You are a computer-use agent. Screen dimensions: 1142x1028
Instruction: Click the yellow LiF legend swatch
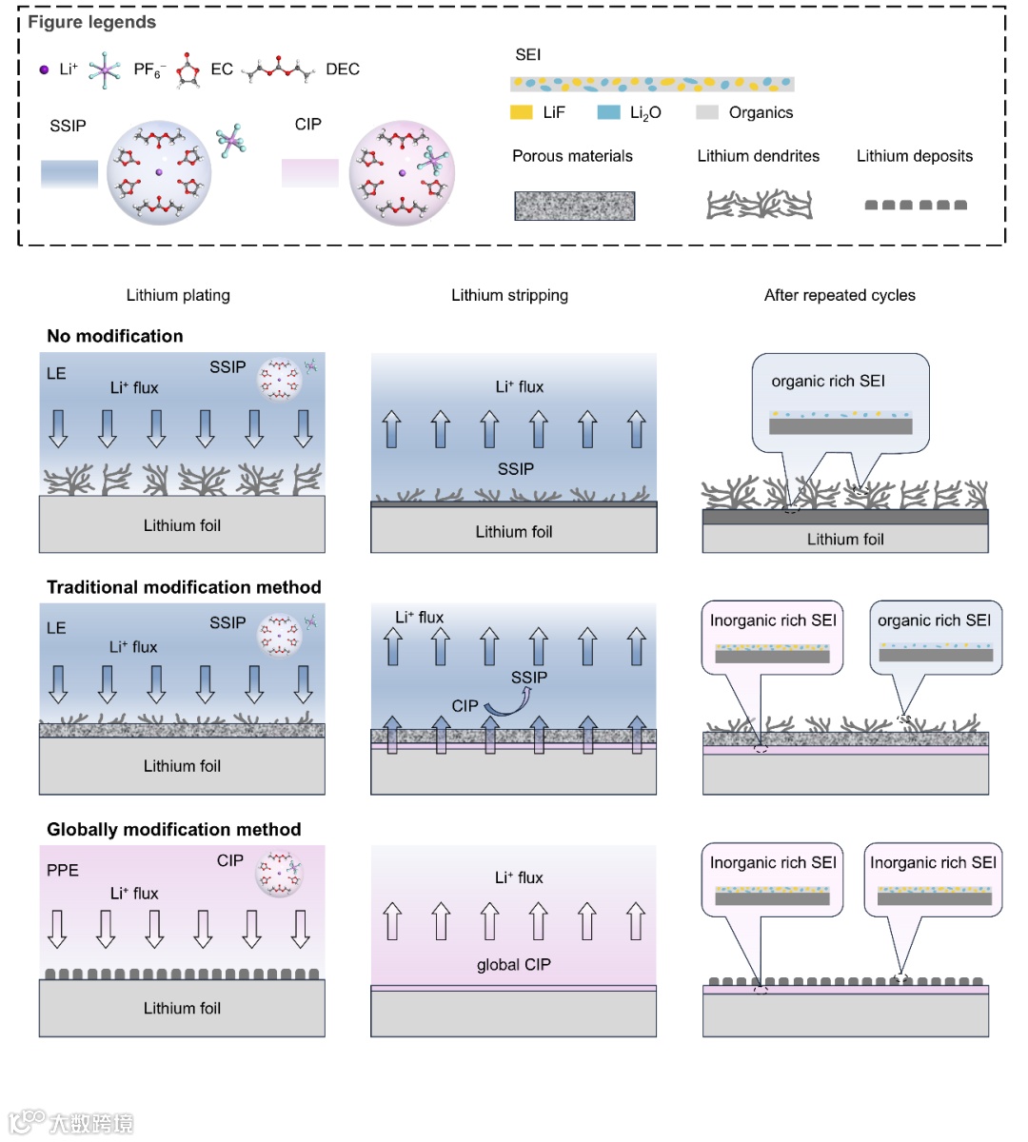[521, 112]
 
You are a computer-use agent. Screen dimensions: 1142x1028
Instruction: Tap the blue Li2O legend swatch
[608, 112]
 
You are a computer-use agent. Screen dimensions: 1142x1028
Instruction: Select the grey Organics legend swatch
[706, 112]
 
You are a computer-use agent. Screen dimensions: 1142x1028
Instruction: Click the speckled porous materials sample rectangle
[574, 206]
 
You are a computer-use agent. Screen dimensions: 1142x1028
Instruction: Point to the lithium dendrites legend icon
[759, 205]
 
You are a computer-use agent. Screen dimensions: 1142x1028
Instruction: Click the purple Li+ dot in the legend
[44, 69]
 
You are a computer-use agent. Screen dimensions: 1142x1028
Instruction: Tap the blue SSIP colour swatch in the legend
[69, 173]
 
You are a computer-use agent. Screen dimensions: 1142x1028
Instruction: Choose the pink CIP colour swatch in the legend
[309, 172]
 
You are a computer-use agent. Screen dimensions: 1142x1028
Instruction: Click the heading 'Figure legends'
[91, 22]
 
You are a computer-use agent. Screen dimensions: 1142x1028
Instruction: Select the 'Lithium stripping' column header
[509, 295]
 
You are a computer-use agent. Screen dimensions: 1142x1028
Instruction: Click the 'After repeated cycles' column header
[840, 295]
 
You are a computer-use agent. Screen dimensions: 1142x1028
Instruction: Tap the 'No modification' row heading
[115, 336]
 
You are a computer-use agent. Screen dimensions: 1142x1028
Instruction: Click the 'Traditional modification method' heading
[184, 587]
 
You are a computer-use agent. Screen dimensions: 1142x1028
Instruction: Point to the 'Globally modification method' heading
[174, 830]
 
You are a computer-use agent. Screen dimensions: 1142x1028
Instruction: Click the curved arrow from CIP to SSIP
[508, 702]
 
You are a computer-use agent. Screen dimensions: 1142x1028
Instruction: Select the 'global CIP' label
[513, 964]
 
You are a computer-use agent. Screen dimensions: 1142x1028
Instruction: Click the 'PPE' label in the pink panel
[63, 870]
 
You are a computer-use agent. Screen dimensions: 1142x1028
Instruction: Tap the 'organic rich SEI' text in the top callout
[827, 381]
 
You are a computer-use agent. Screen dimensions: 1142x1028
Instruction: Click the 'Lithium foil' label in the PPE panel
[182, 1008]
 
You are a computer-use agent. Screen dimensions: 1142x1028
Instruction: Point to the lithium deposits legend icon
[915, 205]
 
